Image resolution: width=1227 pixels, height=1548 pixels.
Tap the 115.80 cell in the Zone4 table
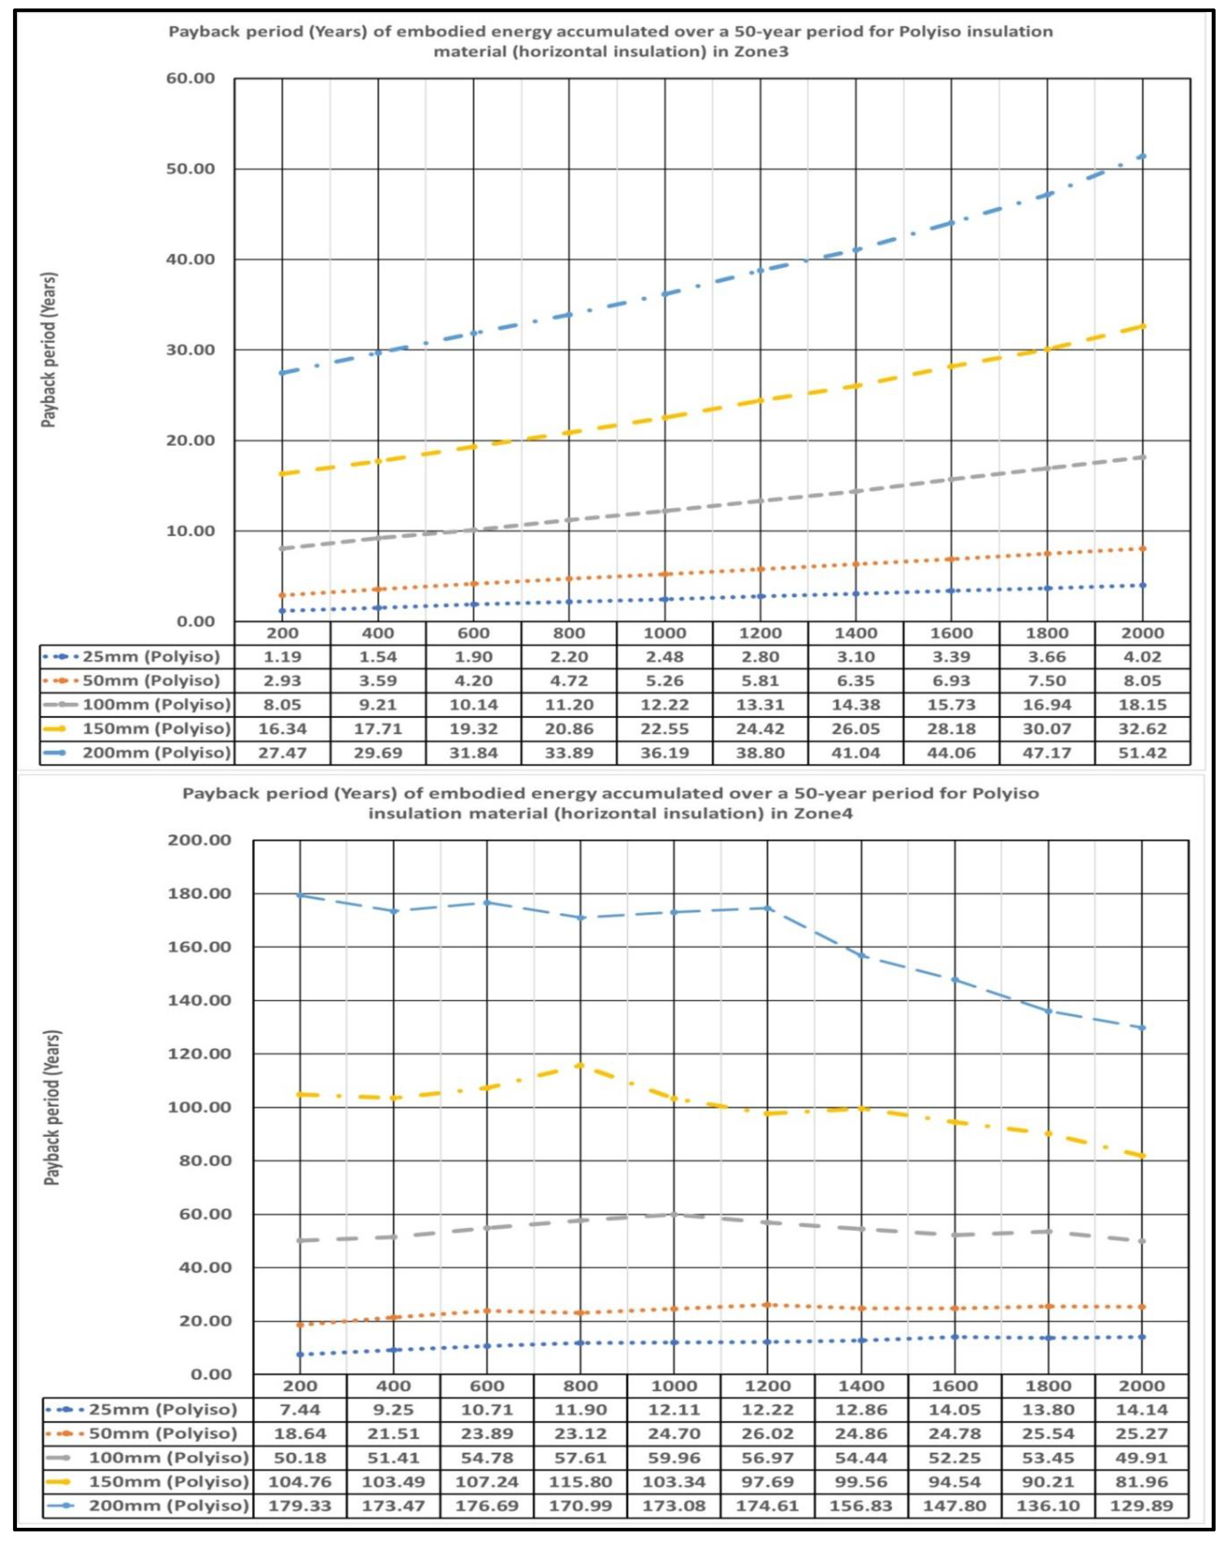pos(580,1481)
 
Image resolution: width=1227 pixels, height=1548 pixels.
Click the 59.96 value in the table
pos(673,1457)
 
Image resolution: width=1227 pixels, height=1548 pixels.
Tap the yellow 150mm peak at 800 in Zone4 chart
pos(580,1065)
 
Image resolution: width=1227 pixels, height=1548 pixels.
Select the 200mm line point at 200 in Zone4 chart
pos(300,895)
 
